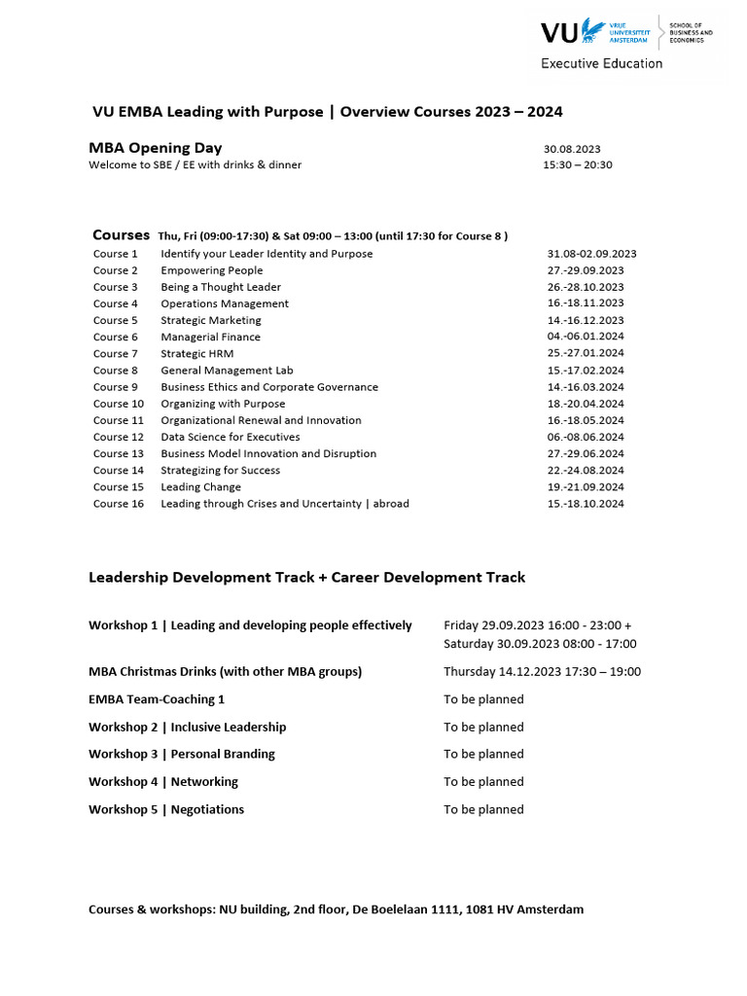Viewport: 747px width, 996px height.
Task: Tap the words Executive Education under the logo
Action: point(602,63)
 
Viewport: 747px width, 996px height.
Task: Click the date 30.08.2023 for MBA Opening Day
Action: point(572,149)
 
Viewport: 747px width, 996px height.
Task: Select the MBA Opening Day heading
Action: point(156,148)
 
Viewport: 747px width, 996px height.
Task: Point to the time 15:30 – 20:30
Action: point(578,165)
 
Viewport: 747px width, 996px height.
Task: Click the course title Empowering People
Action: point(212,270)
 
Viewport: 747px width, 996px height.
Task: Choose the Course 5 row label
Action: point(116,320)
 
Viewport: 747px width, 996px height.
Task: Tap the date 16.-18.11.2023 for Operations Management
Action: point(586,303)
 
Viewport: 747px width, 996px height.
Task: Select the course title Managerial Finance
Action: point(211,337)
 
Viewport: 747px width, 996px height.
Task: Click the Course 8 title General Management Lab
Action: point(227,371)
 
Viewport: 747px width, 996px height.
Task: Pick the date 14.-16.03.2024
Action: point(586,387)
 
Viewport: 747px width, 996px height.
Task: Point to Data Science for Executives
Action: point(231,437)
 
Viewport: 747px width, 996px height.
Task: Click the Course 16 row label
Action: point(119,504)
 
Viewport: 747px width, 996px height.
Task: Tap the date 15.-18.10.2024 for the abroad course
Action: point(586,504)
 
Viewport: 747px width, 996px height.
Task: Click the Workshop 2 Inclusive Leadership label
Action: point(188,727)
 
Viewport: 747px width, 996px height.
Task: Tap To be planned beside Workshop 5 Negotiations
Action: point(483,809)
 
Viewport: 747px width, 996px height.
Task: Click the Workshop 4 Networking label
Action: point(163,782)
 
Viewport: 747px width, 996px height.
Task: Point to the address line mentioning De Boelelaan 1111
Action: point(336,909)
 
